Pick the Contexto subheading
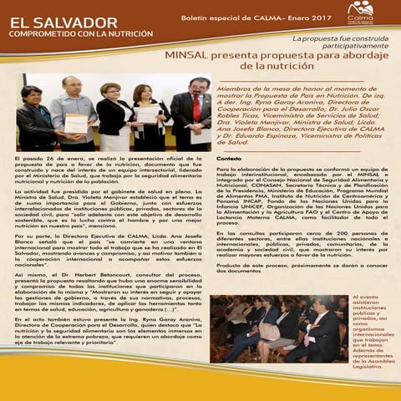pos(229,159)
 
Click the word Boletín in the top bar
pos(198,17)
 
